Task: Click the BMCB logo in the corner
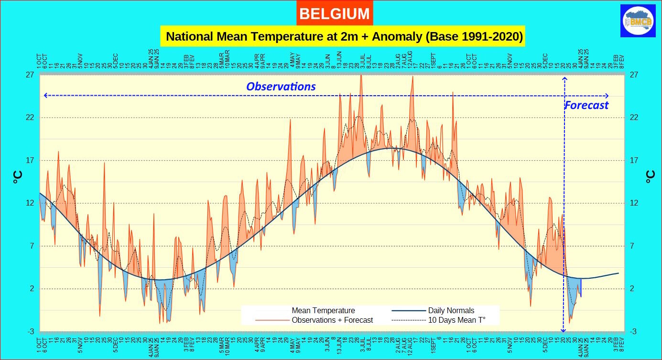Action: pos(638,21)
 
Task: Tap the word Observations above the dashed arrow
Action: pos(281,87)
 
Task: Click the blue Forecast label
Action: pos(586,105)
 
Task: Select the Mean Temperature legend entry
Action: pos(323,311)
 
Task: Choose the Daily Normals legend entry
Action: pos(451,311)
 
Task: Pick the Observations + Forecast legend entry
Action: pos(332,320)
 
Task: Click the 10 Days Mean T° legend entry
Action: pos(456,320)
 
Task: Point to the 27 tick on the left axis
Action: pos(30,75)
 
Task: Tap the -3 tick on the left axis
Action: pos(30,332)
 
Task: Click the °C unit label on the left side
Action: pos(17,177)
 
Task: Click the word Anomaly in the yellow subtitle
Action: pos(393,36)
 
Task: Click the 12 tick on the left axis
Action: pos(30,203)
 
